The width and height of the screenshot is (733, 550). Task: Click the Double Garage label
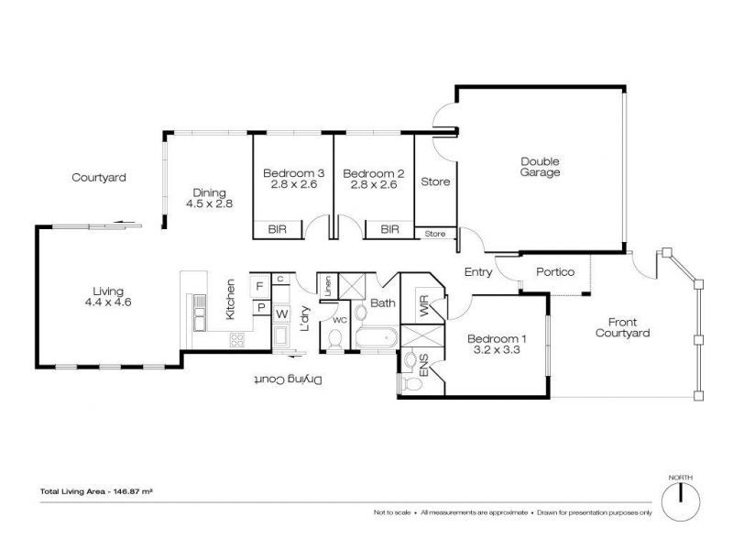pyautogui.click(x=540, y=167)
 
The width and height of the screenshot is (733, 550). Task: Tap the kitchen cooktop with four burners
pyautogui.click(x=237, y=339)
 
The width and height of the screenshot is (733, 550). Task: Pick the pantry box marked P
pyautogui.click(x=259, y=308)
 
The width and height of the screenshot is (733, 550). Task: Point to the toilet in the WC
pyautogui.click(x=336, y=340)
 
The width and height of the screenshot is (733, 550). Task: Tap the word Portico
pyautogui.click(x=555, y=272)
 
